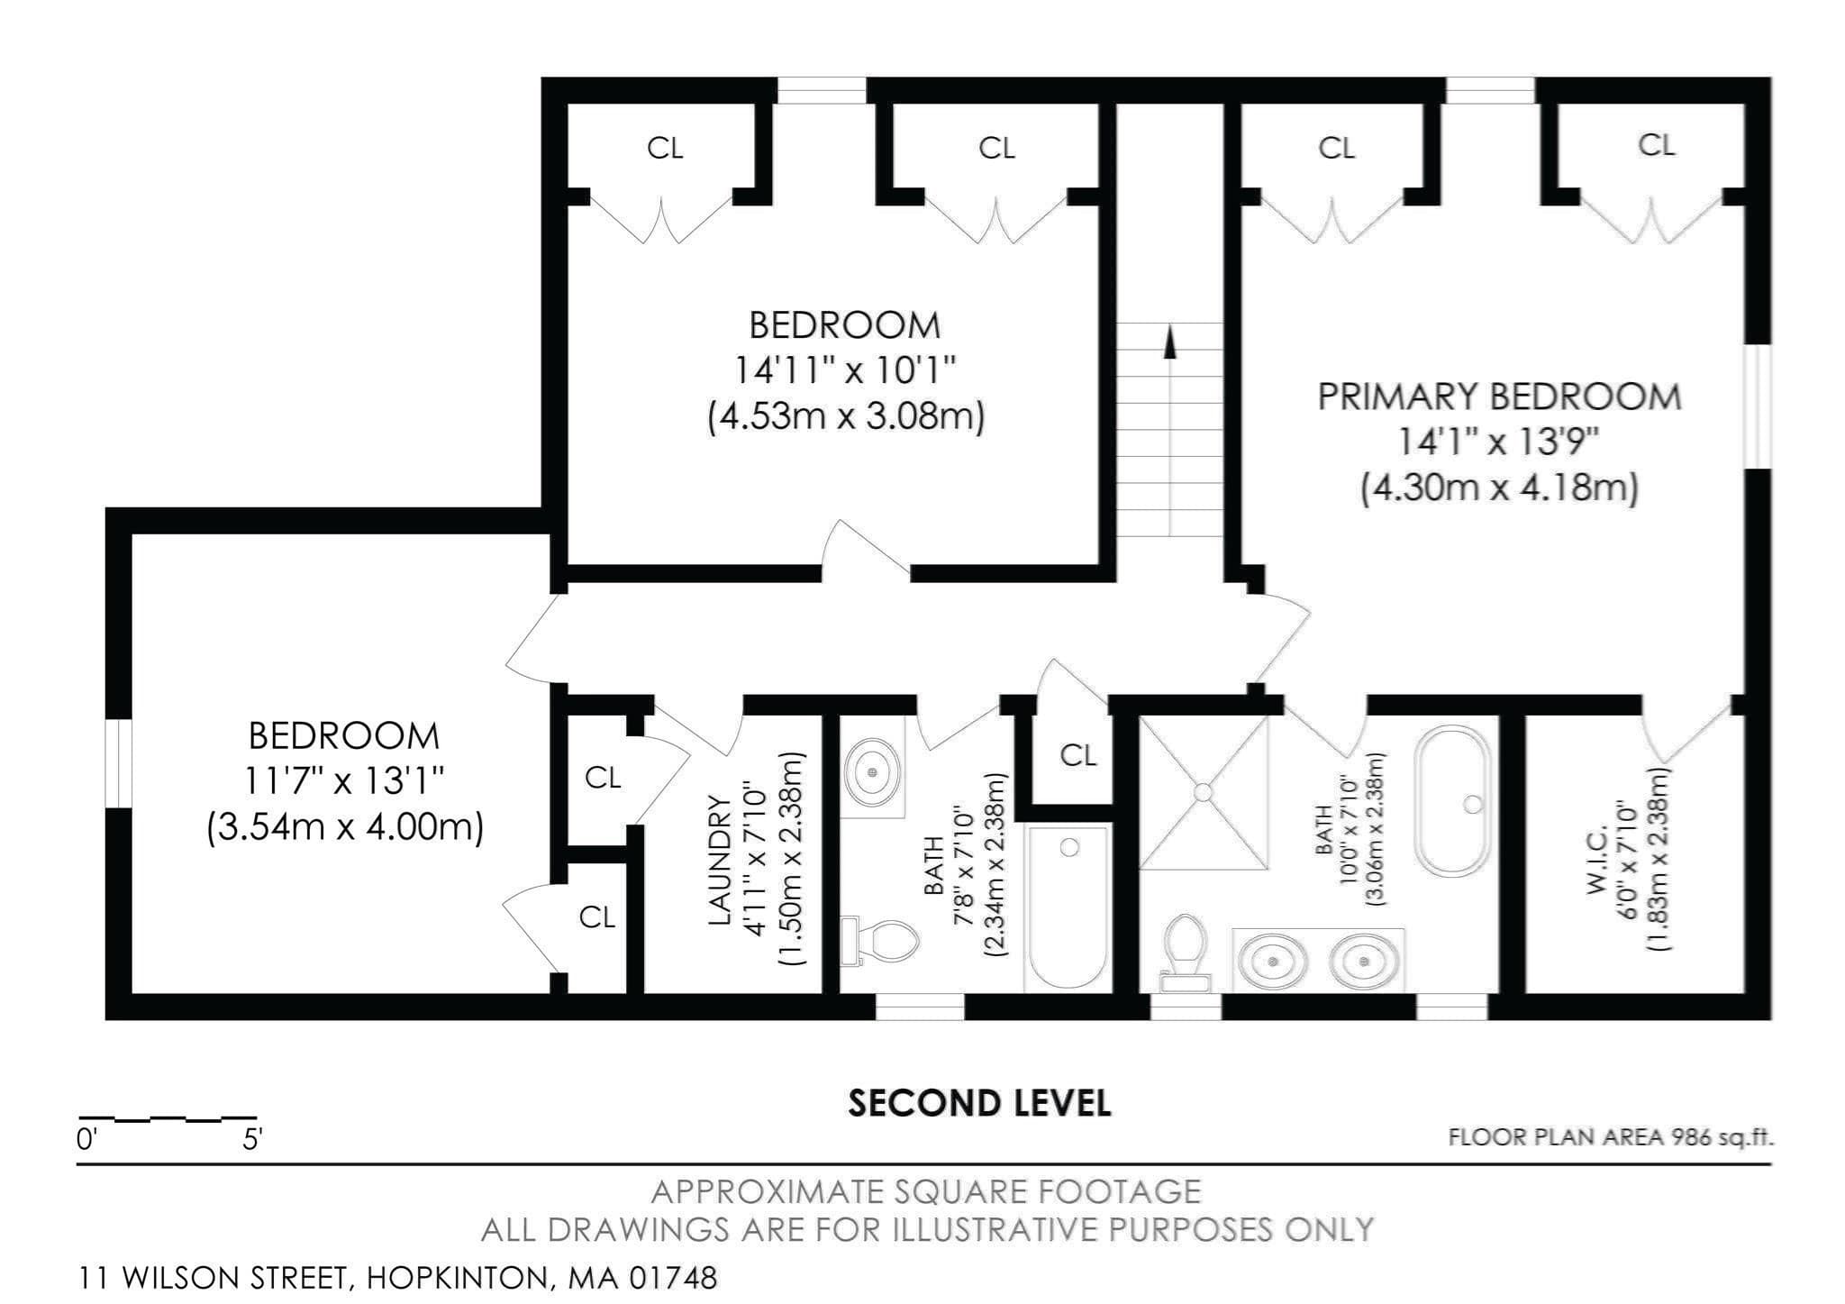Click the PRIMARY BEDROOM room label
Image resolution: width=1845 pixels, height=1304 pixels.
[x=1499, y=397]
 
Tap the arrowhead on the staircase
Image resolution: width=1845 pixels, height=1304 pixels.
[x=1170, y=342]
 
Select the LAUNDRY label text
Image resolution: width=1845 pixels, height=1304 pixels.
[x=719, y=860]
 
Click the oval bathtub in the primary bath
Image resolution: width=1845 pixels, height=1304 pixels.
[x=1453, y=801]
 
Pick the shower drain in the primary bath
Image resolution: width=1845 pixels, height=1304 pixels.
[x=1203, y=791]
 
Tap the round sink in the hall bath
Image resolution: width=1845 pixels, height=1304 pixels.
[x=871, y=771]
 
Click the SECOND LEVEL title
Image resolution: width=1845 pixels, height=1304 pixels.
[x=979, y=1104]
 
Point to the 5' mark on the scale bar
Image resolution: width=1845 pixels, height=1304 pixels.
[x=252, y=1140]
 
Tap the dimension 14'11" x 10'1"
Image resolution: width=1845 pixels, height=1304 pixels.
[x=845, y=370]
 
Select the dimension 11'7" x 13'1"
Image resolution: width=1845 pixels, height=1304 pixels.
[x=345, y=781]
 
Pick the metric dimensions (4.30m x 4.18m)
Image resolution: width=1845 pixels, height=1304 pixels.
[x=1499, y=488]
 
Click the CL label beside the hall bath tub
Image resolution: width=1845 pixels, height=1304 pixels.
[x=1077, y=755]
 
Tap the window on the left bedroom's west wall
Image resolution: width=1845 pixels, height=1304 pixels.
[x=119, y=764]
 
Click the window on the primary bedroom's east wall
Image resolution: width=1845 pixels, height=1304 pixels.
[x=1758, y=406]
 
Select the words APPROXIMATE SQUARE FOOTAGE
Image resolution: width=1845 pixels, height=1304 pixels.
[x=926, y=1192]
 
